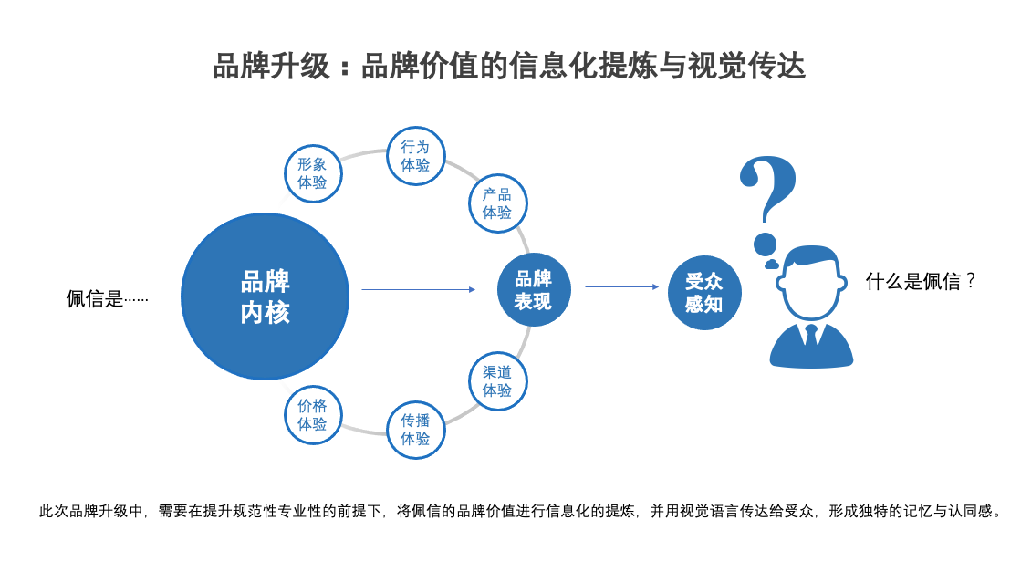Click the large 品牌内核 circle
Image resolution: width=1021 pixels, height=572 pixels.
click(x=265, y=296)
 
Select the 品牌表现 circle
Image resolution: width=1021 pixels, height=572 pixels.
click(x=534, y=290)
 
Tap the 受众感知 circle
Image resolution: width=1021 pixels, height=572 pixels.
click(x=703, y=293)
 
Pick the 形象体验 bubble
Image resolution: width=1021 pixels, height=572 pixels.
click(x=312, y=173)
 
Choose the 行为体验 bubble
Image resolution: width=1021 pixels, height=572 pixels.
click(x=415, y=156)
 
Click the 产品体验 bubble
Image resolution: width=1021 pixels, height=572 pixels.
click(x=497, y=203)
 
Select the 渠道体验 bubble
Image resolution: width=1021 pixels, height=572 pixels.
click(x=497, y=381)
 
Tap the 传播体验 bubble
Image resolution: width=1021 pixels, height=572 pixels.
click(x=415, y=430)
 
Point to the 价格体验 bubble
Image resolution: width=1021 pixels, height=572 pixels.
click(x=312, y=415)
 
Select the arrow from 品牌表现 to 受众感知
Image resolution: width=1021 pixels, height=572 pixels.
click(x=621, y=287)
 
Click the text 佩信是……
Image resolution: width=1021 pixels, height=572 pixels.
click(x=107, y=299)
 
